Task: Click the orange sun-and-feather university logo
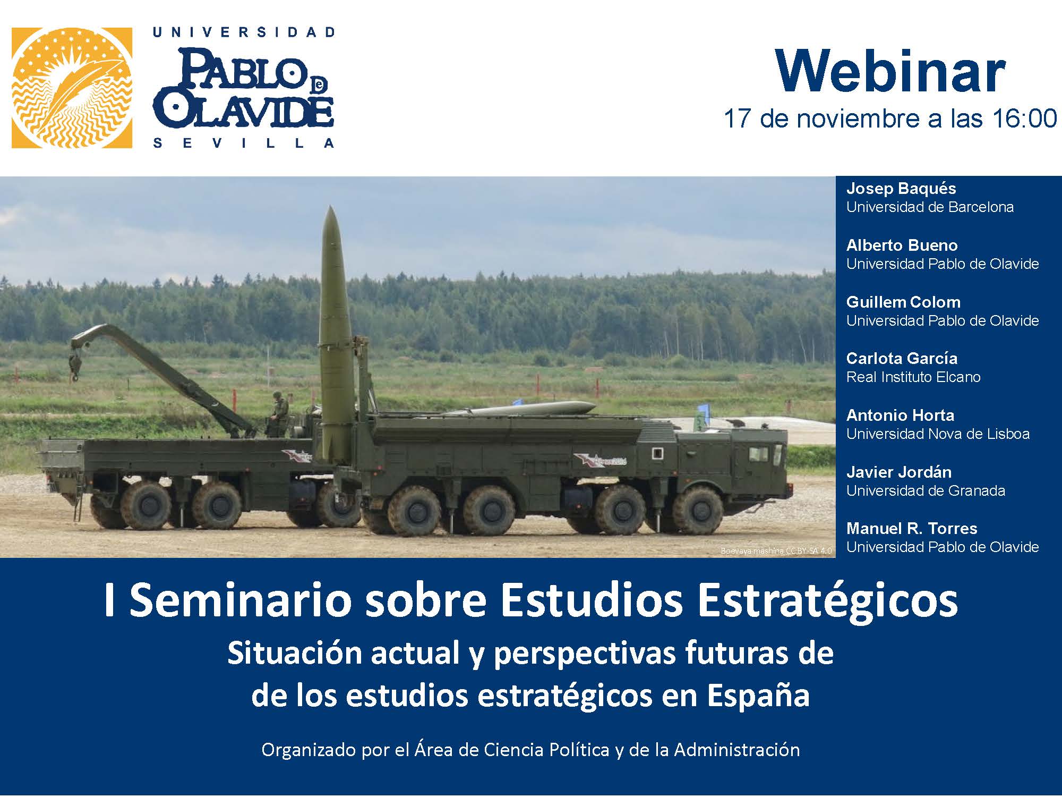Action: coord(72,88)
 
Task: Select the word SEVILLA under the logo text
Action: coord(244,143)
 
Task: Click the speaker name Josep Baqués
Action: coord(901,189)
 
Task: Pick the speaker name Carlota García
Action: coord(902,358)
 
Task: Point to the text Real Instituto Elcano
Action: coord(913,377)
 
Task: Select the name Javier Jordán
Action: coord(898,472)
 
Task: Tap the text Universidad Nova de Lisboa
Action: coord(938,434)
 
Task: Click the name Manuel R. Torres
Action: coord(912,528)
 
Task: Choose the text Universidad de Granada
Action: coord(926,490)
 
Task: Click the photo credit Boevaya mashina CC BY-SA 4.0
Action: coord(776,551)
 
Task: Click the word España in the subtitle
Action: coord(758,696)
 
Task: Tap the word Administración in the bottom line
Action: coord(737,750)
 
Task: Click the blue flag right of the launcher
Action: coord(704,410)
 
